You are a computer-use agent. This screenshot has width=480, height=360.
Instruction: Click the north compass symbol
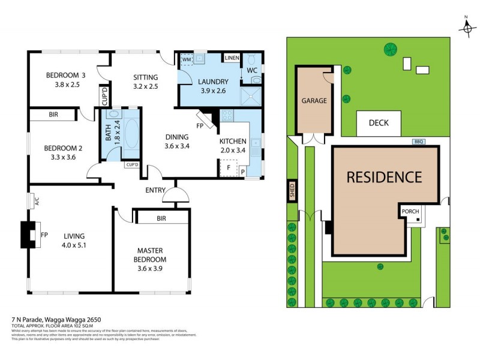point(467,27)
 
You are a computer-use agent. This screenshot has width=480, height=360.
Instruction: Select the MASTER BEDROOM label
point(151,254)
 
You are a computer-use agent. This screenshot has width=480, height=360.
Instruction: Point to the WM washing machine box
point(186,60)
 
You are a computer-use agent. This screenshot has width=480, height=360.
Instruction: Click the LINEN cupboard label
point(231,58)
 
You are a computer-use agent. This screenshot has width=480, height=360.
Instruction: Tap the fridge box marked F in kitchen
point(228,169)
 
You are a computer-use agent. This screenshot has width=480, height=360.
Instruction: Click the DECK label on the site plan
point(379,123)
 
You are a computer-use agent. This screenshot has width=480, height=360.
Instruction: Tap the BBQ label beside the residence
point(419,142)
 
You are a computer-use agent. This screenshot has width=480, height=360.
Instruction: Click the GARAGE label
point(314,101)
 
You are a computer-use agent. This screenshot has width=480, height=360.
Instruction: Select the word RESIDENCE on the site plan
point(384,177)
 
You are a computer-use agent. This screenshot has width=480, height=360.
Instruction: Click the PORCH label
point(410,211)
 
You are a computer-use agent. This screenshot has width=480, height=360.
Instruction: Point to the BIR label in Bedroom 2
point(53,114)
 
